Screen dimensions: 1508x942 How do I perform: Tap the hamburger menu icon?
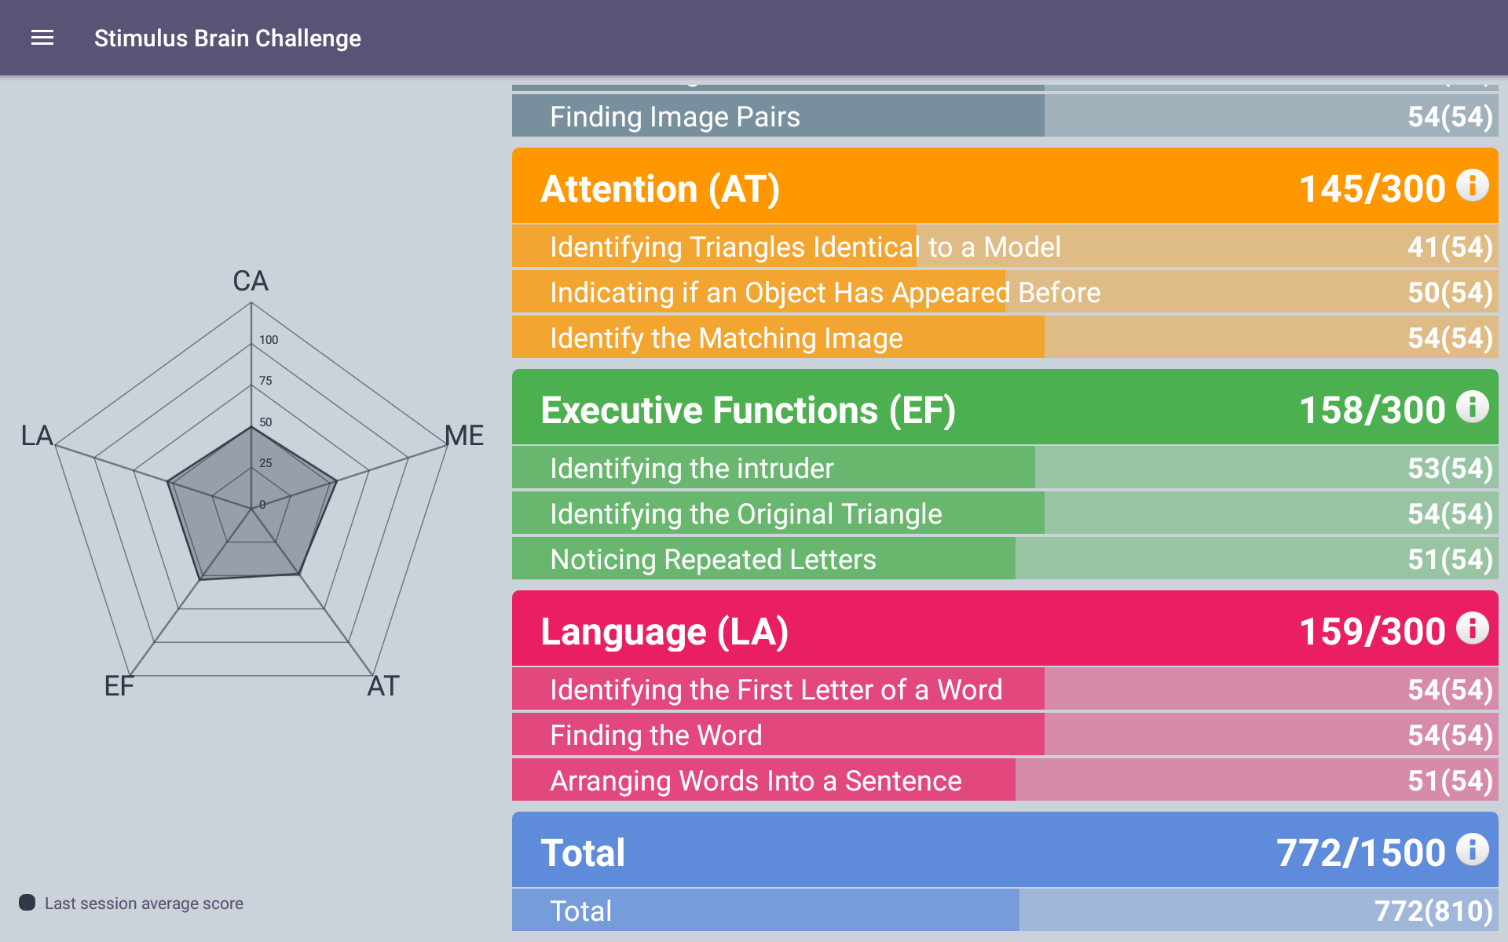[42, 38]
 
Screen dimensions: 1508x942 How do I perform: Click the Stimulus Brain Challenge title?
[228, 38]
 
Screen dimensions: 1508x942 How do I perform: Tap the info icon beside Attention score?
[1473, 186]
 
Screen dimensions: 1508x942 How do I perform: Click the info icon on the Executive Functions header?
[1473, 407]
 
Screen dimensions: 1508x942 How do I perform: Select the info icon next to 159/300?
[1473, 629]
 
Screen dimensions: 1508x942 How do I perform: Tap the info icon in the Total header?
[1473, 850]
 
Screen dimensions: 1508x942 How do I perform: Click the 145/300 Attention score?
[1372, 189]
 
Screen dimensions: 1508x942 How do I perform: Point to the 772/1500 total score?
[1361, 853]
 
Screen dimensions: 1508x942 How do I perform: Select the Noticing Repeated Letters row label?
[713, 560]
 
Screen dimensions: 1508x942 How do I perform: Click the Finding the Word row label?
[656, 736]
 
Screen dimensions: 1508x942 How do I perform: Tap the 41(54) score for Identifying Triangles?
[1450, 248]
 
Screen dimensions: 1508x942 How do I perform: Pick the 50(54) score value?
[1450, 294]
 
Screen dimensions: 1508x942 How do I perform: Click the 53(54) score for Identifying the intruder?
[1450, 469]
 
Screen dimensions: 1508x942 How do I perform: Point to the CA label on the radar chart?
[251, 281]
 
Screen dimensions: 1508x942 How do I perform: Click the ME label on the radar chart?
[464, 436]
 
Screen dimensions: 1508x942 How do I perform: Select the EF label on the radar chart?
[119, 686]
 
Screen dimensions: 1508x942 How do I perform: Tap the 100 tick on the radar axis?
[269, 340]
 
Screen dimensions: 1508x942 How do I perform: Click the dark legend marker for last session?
[27, 902]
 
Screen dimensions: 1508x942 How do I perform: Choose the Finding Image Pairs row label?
[675, 117]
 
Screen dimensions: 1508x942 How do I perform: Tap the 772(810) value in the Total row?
[1433, 911]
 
